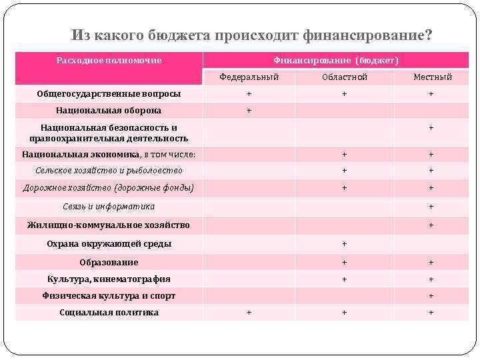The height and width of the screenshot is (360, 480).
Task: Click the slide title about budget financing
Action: click(x=251, y=35)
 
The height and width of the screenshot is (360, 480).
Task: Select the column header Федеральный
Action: click(x=249, y=77)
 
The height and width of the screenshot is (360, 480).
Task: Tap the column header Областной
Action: click(x=344, y=77)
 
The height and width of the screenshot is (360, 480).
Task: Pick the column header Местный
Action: click(x=432, y=77)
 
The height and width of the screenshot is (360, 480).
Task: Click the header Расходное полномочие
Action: click(x=109, y=61)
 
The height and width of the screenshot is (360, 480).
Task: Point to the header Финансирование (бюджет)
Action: click(x=335, y=61)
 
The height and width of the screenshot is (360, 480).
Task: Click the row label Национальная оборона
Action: click(x=109, y=111)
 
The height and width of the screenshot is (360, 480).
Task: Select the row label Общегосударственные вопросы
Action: click(x=109, y=94)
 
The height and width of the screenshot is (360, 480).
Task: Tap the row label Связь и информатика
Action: click(x=109, y=207)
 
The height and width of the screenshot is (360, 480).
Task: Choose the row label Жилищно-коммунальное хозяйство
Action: click(x=109, y=225)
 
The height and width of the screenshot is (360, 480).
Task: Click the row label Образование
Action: click(x=109, y=263)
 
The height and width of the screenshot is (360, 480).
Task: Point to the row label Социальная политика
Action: click(x=109, y=313)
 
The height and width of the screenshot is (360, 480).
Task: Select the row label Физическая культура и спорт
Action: click(x=109, y=296)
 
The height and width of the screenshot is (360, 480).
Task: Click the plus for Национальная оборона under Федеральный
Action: click(x=249, y=111)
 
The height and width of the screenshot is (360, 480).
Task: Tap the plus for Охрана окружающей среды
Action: click(x=344, y=244)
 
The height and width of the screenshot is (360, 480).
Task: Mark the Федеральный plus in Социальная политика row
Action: click(x=249, y=313)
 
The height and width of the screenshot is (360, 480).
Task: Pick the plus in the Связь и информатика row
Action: click(x=431, y=207)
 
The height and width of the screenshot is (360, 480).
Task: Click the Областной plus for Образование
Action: click(x=344, y=263)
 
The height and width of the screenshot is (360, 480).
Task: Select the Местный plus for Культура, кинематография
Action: click(x=431, y=279)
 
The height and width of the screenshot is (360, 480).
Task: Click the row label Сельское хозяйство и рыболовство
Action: click(x=109, y=171)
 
